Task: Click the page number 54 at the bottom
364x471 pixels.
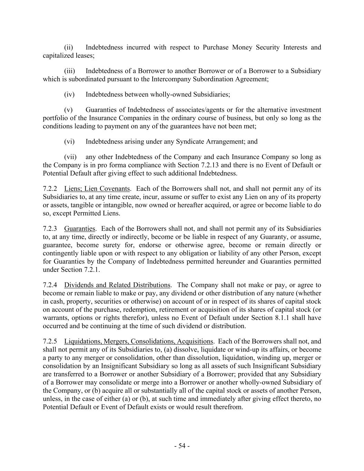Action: [x=182, y=446]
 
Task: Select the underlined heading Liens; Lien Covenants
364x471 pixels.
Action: [x=97, y=189]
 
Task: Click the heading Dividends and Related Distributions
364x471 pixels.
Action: [x=117, y=285]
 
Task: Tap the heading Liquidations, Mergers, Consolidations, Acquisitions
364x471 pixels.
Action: [x=139, y=341]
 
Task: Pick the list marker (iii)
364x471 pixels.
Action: [x=70, y=71]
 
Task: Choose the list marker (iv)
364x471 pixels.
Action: [x=70, y=95]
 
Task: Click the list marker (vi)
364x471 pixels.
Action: [x=70, y=141]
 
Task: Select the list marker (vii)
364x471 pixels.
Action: [x=70, y=157]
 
